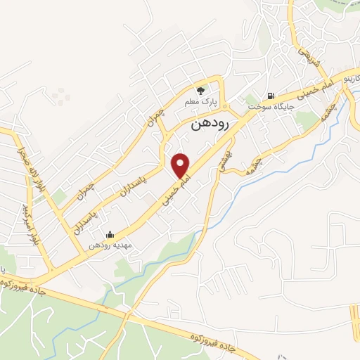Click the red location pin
(x=181, y=165)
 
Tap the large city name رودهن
(x=211, y=124)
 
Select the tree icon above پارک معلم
(x=200, y=91)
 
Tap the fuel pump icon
(x=270, y=96)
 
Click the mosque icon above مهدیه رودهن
(x=109, y=235)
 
